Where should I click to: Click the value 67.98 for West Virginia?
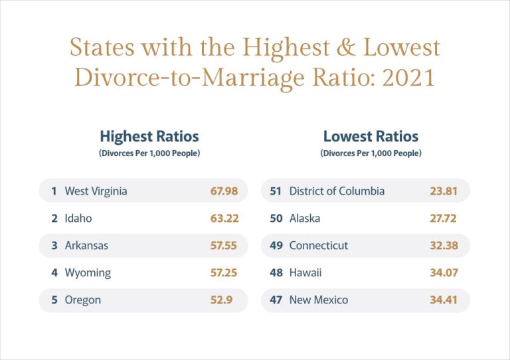pyautogui.click(x=224, y=191)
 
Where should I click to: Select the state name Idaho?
pyautogui.click(x=78, y=218)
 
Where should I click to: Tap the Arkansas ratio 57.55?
pyautogui.click(x=224, y=245)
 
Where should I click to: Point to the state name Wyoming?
pyautogui.click(x=88, y=272)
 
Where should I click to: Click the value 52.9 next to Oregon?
pyautogui.click(x=221, y=300)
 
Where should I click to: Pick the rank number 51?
pyautogui.click(x=276, y=191)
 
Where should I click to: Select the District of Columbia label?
pyautogui.click(x=337, y=191)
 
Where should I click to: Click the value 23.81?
pyautogui.click(x=444, y=191)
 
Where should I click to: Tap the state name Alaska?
pyautogui.click(x=305, y=218)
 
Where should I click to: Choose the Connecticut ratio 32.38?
pyautogui.click(x=444, y=245)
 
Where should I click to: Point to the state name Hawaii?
pyautogui.click(x=305, y=272)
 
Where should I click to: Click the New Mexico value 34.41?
pyautogui.click(x=444, y=300)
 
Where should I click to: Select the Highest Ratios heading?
pyautogui.click(x=149, y=137)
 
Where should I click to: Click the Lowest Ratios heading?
pyautogui.click(x=371, y=137)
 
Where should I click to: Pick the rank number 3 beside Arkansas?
pyautogui.click(x=54, y=245)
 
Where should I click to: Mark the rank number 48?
pyautogui.click(x=276, y=272)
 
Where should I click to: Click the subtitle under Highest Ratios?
pyautogui.click(x=149, y=153)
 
